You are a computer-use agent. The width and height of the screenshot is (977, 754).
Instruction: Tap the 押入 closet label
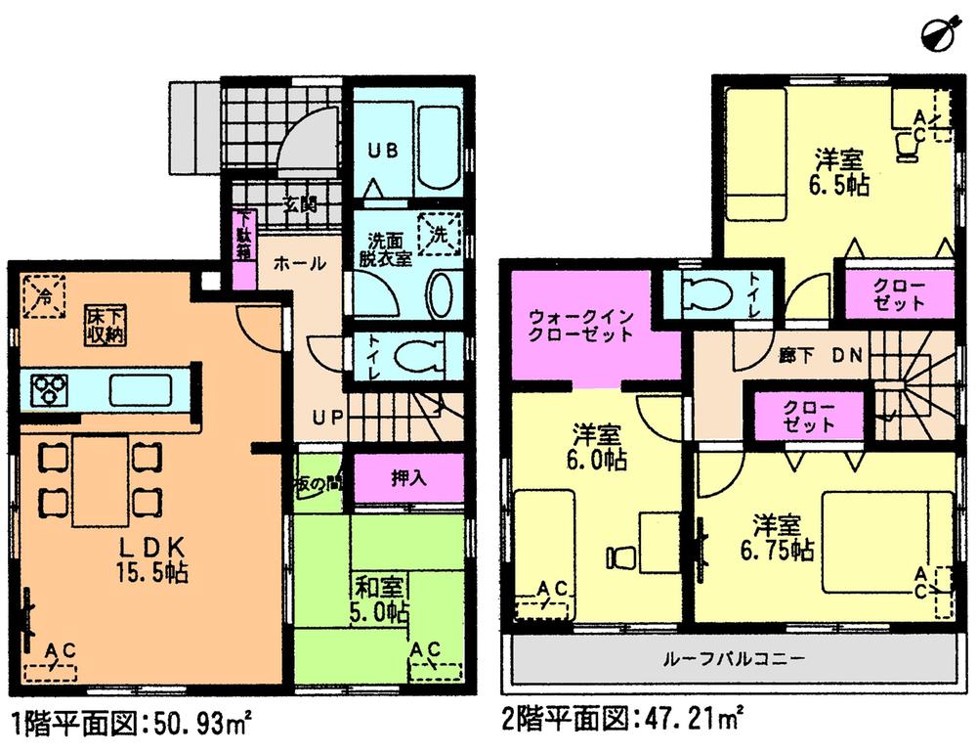(x=389, y=479)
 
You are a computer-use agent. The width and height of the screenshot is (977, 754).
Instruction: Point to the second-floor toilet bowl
(x=702, y=293)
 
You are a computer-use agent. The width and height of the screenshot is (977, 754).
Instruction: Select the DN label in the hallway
(x=846, y=356)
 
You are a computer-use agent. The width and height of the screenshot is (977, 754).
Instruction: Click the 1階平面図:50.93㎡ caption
(x=133, y=726)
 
